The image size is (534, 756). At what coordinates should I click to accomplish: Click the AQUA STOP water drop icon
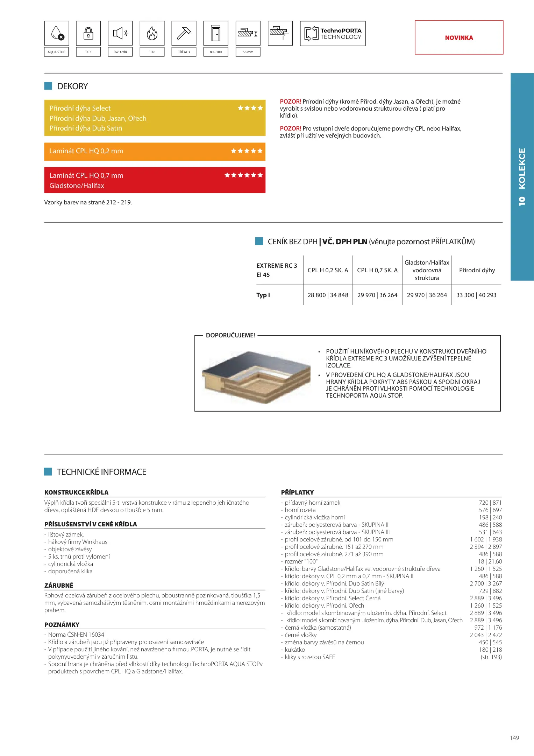(x=57, y=33)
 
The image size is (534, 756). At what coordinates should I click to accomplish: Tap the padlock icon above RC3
(x=88, y=33)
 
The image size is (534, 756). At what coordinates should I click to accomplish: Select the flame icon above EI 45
(x=152, y=33)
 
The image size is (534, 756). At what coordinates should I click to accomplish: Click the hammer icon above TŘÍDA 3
(x=184, y=33)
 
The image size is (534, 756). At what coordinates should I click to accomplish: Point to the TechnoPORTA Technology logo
(x=333, y=34)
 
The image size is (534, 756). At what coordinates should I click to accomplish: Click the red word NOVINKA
(x=459, y=38)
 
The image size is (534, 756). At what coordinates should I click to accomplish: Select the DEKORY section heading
(x=72, y=86)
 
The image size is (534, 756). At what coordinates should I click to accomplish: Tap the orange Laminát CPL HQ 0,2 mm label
(x=86, y=151)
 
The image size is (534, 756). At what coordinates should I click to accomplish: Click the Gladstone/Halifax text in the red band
(x=77, y=185)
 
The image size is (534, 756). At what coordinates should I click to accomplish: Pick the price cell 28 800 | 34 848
(x=328, y=295)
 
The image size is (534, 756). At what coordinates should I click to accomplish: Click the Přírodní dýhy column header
(x=477, y=270)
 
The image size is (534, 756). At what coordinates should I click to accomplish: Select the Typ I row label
(x=263, y=295)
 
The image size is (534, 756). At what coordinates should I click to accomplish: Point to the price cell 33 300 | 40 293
(x=476, y=295)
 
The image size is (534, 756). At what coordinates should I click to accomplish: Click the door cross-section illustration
(x=256, y=377)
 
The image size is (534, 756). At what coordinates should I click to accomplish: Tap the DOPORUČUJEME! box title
(x=230, y=335)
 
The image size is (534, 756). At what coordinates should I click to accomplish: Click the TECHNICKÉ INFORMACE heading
(x=101, y=472)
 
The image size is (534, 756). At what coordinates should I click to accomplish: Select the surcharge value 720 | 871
(x=490, y=503)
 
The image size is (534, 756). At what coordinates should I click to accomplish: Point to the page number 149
(x=514, y=738)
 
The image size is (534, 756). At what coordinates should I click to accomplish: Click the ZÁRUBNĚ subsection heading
(x=59, y=585)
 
